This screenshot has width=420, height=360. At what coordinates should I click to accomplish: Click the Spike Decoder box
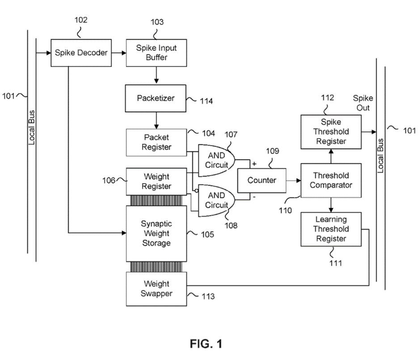coord(81,53)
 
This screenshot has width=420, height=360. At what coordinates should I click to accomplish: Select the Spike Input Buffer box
coord(156,53)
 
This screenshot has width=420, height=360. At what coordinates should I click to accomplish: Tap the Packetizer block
coord(155,98)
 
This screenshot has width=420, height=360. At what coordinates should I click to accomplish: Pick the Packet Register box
coord(156,142)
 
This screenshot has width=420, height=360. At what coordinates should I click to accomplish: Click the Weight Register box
coord(156,181)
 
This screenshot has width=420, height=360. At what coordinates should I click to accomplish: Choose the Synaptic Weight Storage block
coord(156,233)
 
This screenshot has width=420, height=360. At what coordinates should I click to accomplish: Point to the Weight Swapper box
coord(156,289)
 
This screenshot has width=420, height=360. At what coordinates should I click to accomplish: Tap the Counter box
coord(262,180)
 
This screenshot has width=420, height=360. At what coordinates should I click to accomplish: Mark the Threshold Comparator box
coord(331,180)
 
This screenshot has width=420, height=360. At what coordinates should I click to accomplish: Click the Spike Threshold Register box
coord(331,131)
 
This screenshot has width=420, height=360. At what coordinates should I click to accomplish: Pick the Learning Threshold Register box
coord(331,229)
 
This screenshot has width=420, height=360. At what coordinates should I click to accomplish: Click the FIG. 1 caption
coord(206,344)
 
